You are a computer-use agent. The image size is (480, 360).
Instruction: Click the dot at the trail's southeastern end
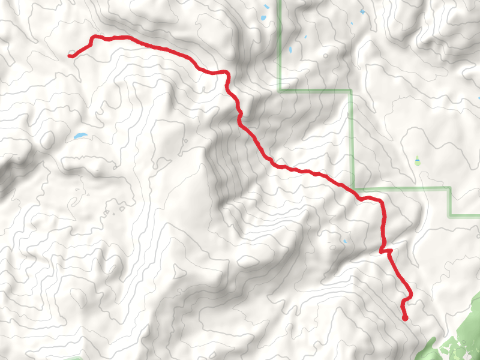405,318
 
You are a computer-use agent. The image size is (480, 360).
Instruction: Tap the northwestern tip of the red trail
70,56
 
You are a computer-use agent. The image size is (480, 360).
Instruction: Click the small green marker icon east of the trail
418,161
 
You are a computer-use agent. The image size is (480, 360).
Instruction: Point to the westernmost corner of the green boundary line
280,91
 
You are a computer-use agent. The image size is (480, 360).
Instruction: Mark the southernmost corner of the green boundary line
451,215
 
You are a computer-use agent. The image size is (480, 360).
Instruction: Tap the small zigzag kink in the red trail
385,251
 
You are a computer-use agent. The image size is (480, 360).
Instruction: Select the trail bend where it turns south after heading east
227,73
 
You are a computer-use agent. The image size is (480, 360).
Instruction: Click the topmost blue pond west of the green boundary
265,7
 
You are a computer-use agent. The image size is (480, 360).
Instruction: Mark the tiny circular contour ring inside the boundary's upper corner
324,56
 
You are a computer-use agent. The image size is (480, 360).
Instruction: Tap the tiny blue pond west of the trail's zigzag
344,242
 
